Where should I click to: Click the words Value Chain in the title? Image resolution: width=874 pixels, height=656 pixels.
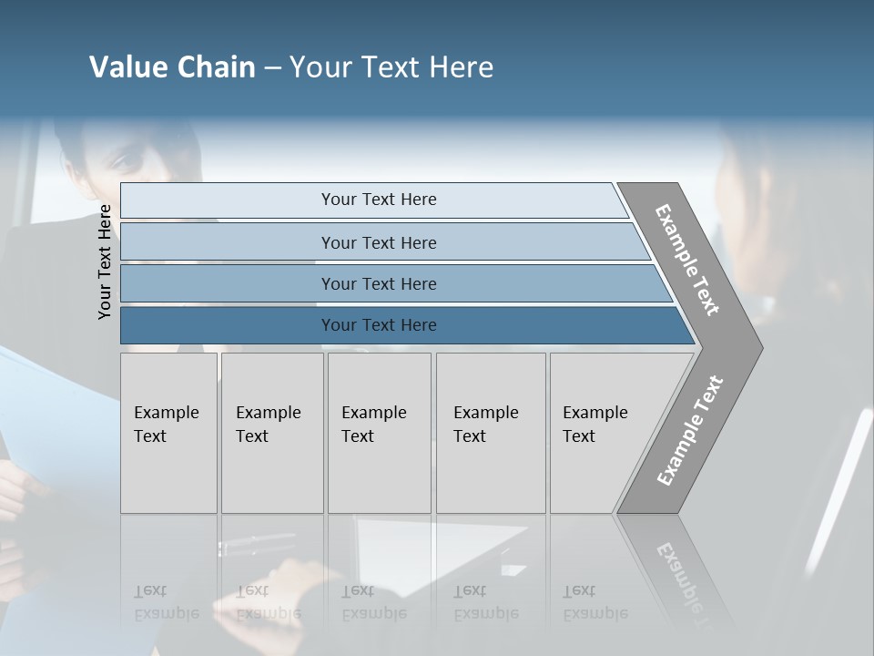tap(172, 67)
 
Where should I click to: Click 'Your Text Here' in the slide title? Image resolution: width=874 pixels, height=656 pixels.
tap(391, 67)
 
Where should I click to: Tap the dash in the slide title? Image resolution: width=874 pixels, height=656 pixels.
tap(272, 68)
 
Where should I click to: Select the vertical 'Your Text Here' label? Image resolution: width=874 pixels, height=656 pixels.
tap(105, 261)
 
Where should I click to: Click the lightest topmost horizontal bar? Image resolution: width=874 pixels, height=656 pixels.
tap(378, 200)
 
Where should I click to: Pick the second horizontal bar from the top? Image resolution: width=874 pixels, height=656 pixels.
tap(378, 242)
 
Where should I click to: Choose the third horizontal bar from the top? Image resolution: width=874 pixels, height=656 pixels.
tap(378, 283)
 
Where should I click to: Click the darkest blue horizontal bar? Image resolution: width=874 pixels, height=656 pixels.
tap(378, 325)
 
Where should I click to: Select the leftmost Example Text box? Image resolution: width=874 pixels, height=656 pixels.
tap(168, 433)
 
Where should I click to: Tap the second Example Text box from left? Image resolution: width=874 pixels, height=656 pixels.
tap(271, 433)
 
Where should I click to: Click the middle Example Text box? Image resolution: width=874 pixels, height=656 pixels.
tap(379, 433)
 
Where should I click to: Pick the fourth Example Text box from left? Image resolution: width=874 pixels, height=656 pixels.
tap(490, 433)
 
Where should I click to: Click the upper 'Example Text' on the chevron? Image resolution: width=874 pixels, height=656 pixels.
tap(687, 260)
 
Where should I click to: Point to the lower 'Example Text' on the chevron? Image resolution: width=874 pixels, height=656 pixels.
tap(689, 431)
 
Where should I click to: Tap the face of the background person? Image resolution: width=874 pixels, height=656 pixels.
tap(127, 155)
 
